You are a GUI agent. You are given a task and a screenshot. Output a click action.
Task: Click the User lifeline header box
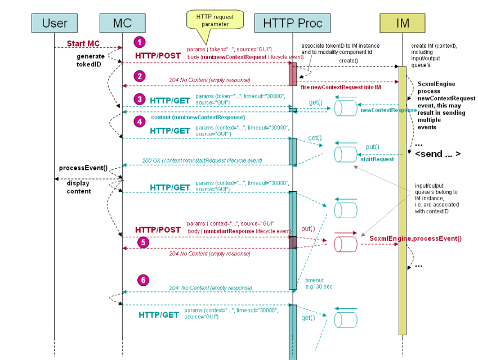(x=55, y=23)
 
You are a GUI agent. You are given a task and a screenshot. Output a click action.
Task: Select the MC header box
(x=122, y=23)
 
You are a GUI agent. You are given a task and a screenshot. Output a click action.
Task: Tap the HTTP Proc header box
(x=293, y=23)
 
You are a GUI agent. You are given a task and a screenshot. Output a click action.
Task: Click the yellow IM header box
(x=402, y=23)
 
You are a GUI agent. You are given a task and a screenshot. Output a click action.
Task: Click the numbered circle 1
(x=140, y=42)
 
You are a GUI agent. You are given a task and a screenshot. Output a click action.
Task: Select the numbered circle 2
(x=140, y=76)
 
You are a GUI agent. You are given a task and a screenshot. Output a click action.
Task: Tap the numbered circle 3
(x=140, y=100)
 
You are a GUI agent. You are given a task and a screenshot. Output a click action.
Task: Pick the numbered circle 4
(x=140, y=121)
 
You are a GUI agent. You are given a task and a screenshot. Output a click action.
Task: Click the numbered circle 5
(x=144, y=242)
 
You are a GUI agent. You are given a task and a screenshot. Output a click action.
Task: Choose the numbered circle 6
(x=144, y=280)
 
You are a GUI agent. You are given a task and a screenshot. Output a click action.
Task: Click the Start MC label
(x=83, y=43)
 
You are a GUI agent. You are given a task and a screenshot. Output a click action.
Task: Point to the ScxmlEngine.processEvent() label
(x=416, y=238)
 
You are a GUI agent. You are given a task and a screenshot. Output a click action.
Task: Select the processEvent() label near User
(x=83, y=168)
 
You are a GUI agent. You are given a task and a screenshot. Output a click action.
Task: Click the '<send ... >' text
(x=438, y=154)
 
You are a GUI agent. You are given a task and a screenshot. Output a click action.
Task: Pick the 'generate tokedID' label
(x=89, y=60)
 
